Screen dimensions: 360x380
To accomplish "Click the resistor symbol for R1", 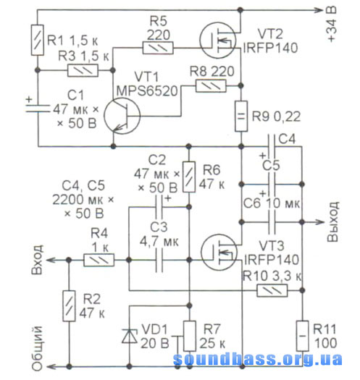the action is pyautogui.click(x=38, y=40).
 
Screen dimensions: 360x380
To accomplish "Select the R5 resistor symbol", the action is pyautogui.click(x=158, y=48).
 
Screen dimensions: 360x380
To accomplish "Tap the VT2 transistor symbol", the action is pyautogui.click(x=218, y=40).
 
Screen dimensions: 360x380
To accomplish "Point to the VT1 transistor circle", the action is pyautogui.click(x=122, y=116).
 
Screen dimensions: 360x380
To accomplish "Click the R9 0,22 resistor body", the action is pyautogui.click(x=241, y=116).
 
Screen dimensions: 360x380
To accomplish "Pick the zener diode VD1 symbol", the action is pyautogui.click(x=130, y=337).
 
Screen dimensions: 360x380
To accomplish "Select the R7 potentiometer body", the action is pyautogui.click(x=190, y=336).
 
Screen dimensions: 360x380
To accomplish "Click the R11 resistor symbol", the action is pyautogui.click(x=303, y=336).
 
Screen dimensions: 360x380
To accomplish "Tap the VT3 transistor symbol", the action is pyautogui.click(x=219, y=253).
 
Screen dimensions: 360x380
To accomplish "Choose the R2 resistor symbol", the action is pyautogui.click(x=69, y=306).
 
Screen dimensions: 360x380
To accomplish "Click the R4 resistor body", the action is pyautogui.click(x=99, y=260).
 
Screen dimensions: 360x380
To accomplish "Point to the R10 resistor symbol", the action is pyautogui.click(x=272, y=290).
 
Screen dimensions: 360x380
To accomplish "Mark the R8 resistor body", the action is pyautogui.click(x=211, y=86).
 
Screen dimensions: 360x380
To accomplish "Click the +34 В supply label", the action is pyautogui.click(x=332, y=24).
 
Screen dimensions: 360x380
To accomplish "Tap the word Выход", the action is pyautogui.click(x=332, y=221).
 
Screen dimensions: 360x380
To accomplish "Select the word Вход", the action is pyautogui.click(x=37, y=260).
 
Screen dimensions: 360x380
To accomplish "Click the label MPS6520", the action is pyautogui.click(x=147, y=91).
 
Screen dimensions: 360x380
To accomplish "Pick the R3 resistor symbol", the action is pyautogui.click(x=83, y=70).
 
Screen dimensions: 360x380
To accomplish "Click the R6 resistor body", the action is pyautogui.click(x=189, y=177).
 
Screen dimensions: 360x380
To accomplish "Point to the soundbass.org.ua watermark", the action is pyautogui.click(x=258, y=359).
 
